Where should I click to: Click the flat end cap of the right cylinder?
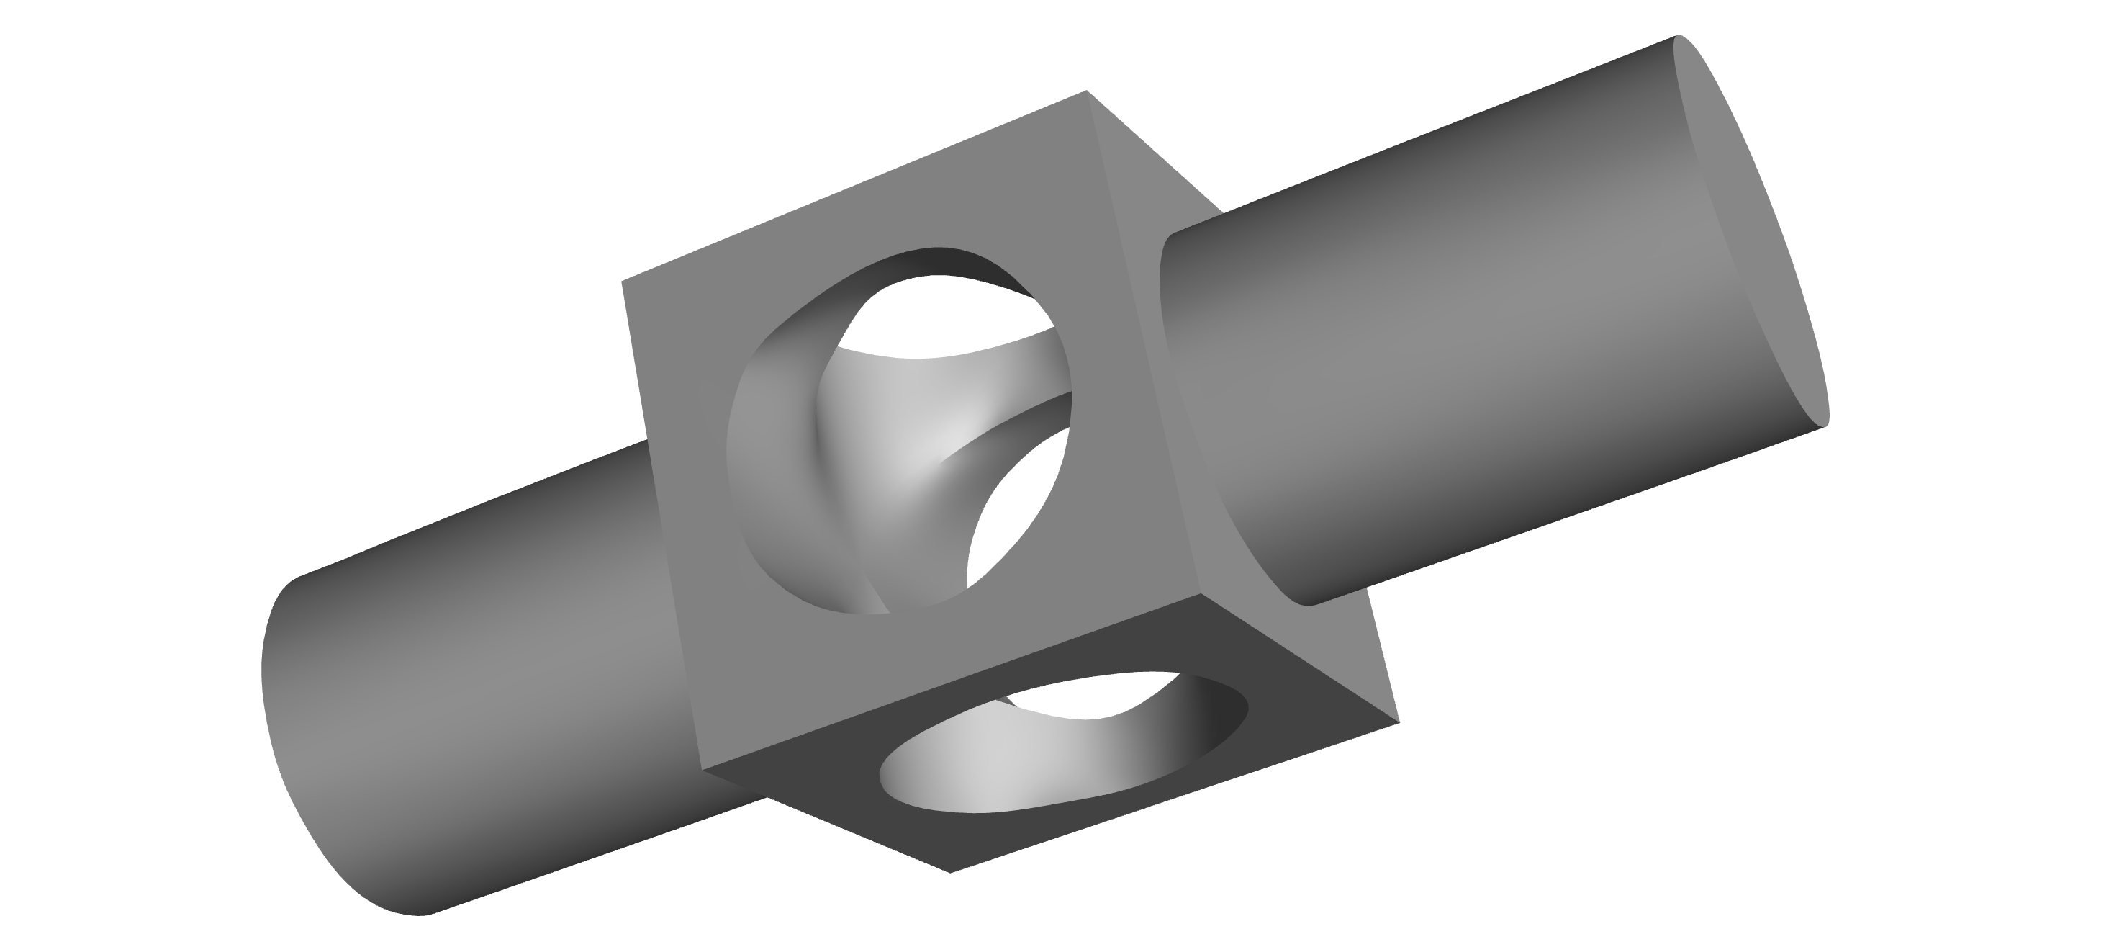tap(1748, 230)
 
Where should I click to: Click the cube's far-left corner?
tap(622, 282)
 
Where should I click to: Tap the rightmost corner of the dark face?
tap(1399, 724)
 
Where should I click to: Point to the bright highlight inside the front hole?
tap(911, 459)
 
